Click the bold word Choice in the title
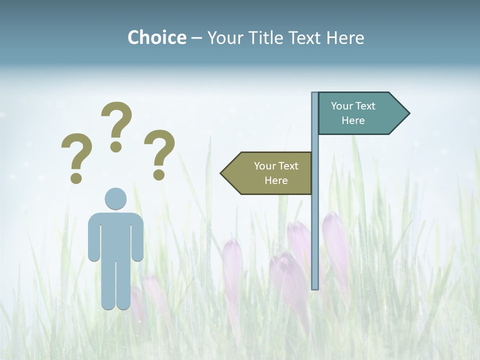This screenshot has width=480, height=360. click(156, 37)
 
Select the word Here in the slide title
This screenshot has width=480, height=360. click(345, 37)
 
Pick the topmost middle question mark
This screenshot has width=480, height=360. click(116, 125)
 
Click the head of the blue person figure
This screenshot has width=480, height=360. click(115, 198)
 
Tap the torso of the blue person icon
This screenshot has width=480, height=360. click(115, 235)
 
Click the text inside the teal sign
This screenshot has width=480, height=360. click(353, 113)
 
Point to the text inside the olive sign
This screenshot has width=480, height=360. click(276, 173)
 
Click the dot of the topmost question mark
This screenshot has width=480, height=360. click(116, 146)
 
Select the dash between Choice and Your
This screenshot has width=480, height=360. click(196, 38)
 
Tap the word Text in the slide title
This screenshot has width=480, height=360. click(305, 37)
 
